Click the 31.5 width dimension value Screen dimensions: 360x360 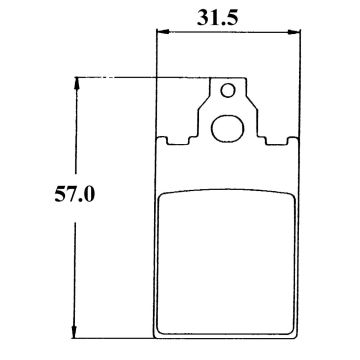click(229, 15)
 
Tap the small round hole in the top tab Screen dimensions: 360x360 click(228, 93)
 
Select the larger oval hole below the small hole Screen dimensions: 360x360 click(229, 127)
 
